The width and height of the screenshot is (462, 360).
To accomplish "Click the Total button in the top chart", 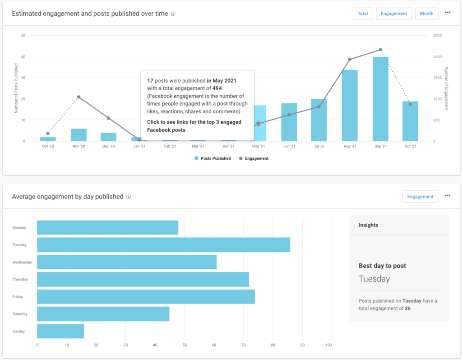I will coord(363,14).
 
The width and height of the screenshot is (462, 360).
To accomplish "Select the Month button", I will coord(426,14).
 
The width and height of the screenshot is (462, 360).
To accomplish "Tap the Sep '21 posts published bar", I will coord(380,99).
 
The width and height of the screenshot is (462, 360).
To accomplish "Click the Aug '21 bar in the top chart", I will coord(350,106).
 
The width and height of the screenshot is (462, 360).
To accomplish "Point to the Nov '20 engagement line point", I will coord(79,97).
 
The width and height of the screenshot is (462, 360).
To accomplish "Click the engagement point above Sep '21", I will coord(380,50).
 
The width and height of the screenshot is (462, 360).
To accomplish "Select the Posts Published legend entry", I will coord(213,158).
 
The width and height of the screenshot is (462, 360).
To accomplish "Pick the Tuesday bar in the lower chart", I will coord(163,245).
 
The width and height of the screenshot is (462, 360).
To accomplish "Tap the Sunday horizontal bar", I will coord(60,331).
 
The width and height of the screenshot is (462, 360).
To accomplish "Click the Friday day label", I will coord(18,297).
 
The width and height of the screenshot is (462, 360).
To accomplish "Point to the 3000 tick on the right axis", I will coord(437,36).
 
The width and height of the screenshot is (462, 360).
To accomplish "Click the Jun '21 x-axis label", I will coord(289,147).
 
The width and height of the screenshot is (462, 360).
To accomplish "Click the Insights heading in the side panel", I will coord(368,225).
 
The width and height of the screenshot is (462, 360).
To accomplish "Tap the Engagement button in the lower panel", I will coord(420,197).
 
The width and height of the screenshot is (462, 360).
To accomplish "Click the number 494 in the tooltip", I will coord(217,88).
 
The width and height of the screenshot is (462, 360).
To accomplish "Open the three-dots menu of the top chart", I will coord(448,13).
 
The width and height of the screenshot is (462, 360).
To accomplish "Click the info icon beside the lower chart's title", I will coord(129,197).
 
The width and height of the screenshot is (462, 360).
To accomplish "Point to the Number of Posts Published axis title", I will coord(16,88).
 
